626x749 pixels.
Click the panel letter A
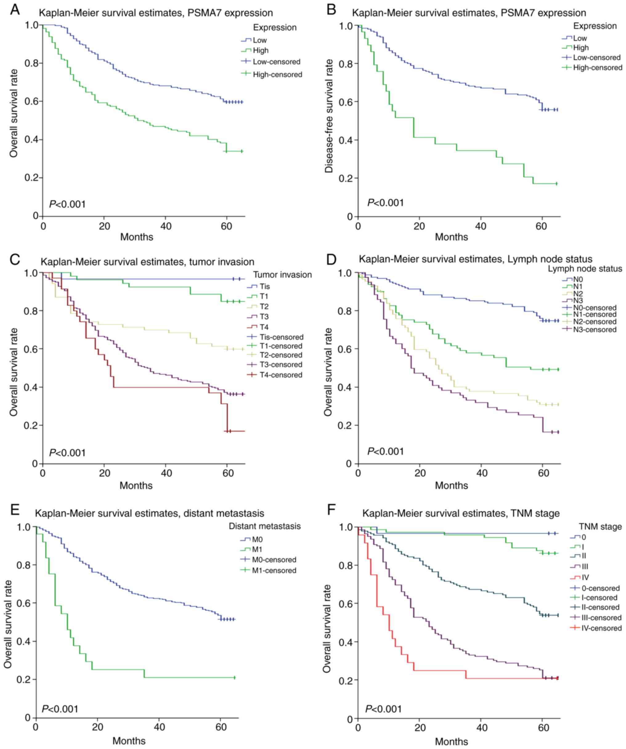pos(14,10)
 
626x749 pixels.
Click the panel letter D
pos(331,260)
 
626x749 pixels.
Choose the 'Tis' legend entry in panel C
pos(265,286)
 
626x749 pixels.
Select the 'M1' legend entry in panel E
pos(257,550)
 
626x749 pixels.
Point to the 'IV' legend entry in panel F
pos(585,577)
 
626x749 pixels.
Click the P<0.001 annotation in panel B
pos(386,203)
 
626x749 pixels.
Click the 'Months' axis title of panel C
pos(136,485)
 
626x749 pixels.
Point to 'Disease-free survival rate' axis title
pos(329,116)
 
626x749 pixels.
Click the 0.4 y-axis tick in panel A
pos(31,140)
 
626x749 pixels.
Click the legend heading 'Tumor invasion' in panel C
pos(283,275)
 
